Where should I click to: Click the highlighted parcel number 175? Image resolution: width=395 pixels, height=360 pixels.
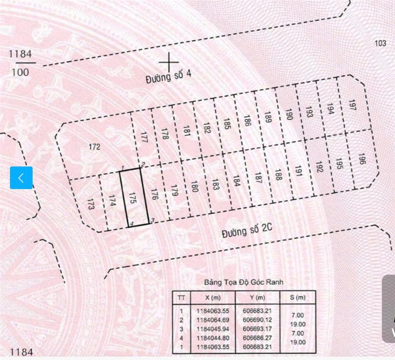click(132, 198)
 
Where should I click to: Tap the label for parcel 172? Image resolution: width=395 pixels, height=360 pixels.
click(94, 147)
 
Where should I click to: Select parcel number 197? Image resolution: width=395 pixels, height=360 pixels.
click(351, 105)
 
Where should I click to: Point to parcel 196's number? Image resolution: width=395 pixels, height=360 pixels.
click(361, 159)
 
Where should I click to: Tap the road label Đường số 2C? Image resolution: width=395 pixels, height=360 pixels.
click(247, 231)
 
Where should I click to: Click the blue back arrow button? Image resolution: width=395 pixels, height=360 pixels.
click(21, 178)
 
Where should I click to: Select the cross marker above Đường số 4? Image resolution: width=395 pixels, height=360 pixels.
click(169, 62)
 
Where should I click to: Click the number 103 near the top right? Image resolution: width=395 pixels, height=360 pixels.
click(380, 43)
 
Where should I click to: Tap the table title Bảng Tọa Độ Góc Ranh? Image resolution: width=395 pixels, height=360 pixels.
click(243, 282)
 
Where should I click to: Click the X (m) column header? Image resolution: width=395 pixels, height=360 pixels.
click(211, 298)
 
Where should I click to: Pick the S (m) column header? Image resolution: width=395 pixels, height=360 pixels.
click(297, 298)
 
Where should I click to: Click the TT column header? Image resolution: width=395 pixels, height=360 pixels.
click(181, 298)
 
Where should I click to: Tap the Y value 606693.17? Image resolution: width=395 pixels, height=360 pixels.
click(257, 329)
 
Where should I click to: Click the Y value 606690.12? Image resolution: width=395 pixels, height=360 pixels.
click(257, 320)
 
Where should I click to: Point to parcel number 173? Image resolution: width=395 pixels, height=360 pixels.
click(91, 204)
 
